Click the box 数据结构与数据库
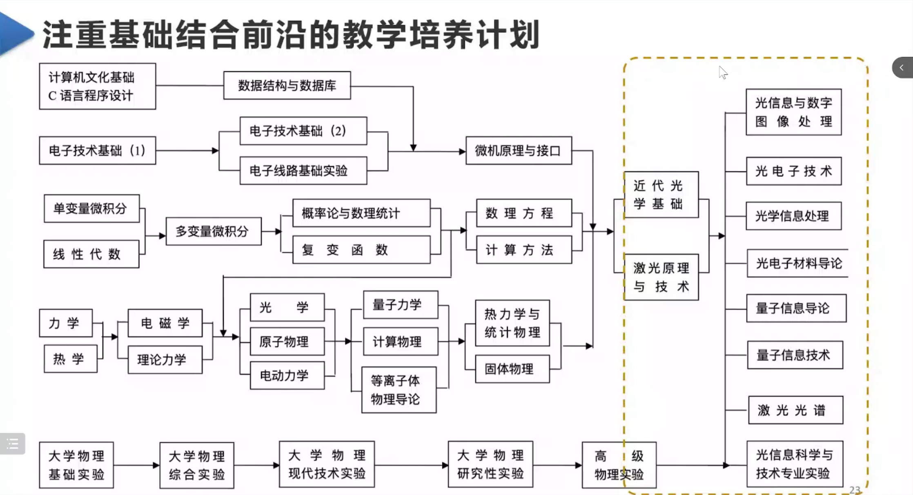[287, 85]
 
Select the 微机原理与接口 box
[519, 151]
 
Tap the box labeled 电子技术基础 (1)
[97, 151]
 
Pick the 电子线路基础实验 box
[303, 171]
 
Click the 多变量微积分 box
[213, 231]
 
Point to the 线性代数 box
[91, 254]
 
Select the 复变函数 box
[361, 250]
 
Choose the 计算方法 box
[523, 250]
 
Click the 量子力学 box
[400, 305]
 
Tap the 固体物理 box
[512, 369]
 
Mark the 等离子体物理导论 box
[399, 390]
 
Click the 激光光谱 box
[795, 410]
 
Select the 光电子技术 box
[793, 171]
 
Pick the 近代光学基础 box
[661, 195]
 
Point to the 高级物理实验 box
[619, 465]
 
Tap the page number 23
[855, 489]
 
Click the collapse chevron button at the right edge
[902, 68]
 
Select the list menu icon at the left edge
[12, 444]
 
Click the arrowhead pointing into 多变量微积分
[162, 236]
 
